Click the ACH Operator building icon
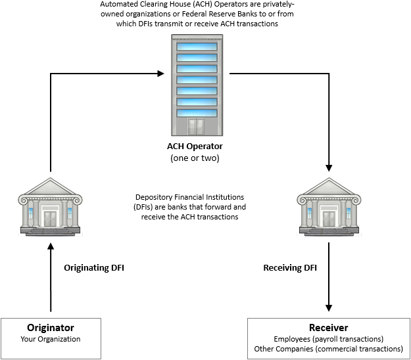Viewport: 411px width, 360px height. (196, 85)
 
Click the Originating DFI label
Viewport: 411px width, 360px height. (94, 267)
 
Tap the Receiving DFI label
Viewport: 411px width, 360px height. (290, 267)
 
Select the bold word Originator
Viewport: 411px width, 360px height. (50, 327)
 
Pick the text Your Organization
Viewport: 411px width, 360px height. (50, 339)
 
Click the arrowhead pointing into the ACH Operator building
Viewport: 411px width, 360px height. (159, 73)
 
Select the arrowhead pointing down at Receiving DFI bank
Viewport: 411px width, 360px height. (329, 168)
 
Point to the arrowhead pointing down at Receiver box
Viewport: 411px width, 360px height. (329, 307)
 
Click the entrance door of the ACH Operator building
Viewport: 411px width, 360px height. (196, 126)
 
